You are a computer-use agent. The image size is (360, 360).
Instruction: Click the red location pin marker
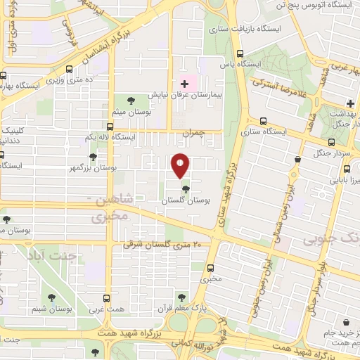tap(180, 166)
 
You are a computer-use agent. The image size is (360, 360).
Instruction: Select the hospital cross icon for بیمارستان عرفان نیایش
tap(185, 84)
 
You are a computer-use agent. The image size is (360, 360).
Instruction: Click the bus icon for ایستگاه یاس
tap(240, 53)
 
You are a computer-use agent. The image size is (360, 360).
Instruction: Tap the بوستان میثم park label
tap(134, 112)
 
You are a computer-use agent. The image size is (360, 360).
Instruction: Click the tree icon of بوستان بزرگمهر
tap(93, 157)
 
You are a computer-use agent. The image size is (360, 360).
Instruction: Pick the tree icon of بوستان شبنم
tap(51, 297)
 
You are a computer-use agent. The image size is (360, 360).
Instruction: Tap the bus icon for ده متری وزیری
tap(69, 69)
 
